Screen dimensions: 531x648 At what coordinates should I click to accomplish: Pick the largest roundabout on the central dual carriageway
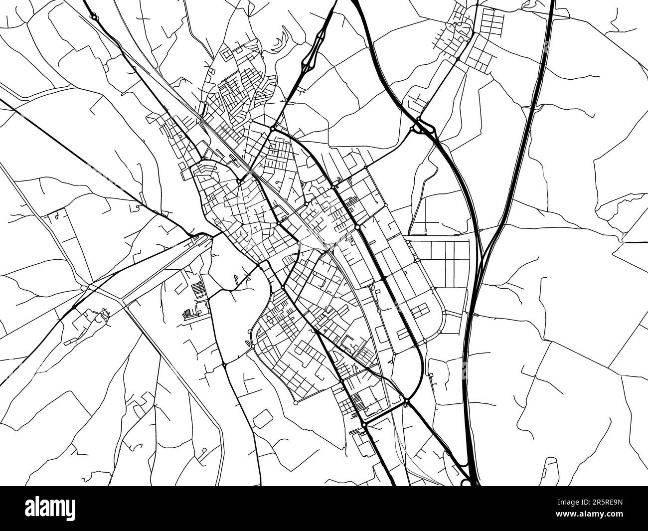pyautogui.click(x=358, y=227)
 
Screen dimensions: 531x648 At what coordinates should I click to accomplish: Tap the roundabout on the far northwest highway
pyautogui.click(x=94, y=17)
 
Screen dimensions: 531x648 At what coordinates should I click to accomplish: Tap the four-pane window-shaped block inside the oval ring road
pyautogui.click(x=419, y=311)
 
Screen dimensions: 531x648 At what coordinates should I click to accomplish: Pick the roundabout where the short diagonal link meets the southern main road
pyautogui.click(x=364, y=424)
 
